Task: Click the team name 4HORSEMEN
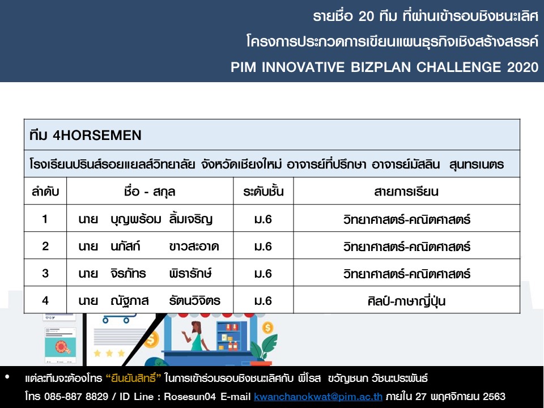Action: (97, 135)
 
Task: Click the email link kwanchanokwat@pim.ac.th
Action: (318, 396)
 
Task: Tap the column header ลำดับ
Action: (45, 192)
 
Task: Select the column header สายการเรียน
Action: (406, 192)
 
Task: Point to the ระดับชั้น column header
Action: (263, 191)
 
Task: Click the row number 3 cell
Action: (45, 273)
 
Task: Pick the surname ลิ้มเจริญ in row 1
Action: (191, 219)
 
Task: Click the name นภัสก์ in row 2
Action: (125, 246)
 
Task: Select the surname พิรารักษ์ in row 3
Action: (190, 273)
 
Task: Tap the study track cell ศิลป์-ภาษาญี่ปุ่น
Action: (406, 301)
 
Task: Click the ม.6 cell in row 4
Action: (263, 301)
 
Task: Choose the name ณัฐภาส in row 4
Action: (129, 301)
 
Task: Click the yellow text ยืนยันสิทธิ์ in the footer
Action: (133, 378)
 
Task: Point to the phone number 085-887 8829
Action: (76, 396)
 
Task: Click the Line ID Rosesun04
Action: (190, 396)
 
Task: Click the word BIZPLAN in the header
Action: (381, 67)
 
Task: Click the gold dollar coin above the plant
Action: (267, 327)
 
